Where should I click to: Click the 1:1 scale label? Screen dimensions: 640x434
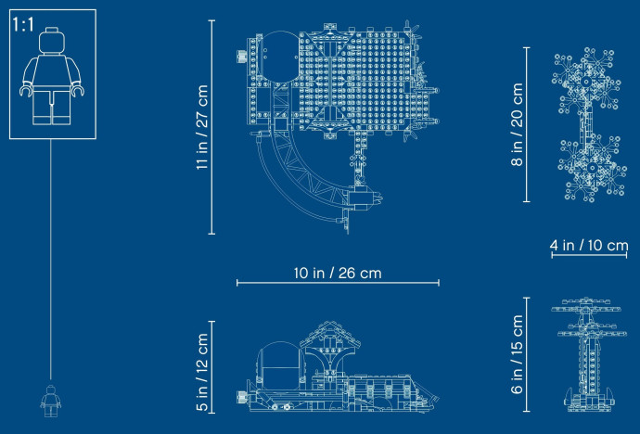(23, 24)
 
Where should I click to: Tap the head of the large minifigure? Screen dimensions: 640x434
(52, 40)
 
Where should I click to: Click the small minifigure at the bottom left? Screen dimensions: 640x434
(51, 401)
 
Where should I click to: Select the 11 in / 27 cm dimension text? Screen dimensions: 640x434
(202, 127)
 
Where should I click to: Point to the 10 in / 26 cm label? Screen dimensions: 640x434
(338, 273)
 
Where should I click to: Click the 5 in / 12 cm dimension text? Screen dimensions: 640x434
(202, 372)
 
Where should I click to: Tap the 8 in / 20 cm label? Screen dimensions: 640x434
(517, 124)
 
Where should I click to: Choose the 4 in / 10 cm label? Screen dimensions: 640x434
(589, 245)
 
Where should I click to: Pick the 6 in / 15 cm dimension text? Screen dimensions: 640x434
(517, 354)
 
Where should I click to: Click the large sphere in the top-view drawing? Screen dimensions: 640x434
(279, 56)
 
